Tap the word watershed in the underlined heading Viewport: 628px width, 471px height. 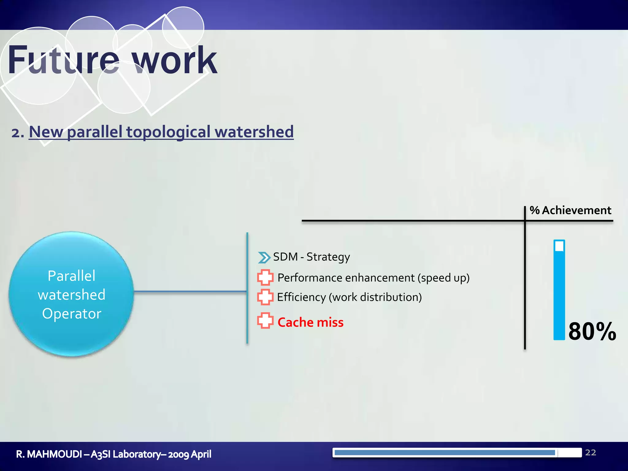tap(254, 132)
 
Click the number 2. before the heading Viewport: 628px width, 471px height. tap(18, 133)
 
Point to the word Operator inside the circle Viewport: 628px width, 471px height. tap(72, 314)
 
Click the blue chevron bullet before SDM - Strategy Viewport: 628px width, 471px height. tap(264, 258)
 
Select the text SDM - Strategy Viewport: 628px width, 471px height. tap(311, 257)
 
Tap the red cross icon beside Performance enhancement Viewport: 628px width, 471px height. tap(265, 278)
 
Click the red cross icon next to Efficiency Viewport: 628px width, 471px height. tap(265, 297)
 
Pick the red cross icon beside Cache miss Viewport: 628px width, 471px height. tap(265, 321)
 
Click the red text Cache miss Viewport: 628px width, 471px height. tap(310, 322)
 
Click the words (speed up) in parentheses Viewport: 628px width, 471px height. tap(443, 278)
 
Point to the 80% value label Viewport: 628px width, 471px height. tap(592, 331)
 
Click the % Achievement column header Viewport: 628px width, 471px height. tap(570, 210)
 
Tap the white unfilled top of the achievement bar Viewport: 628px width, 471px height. tap(559, 246)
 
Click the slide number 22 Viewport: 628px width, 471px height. tap(591, 453)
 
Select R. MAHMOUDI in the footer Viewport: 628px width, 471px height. tap(49, 454)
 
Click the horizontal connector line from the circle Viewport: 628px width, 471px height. tap(190, 291)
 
